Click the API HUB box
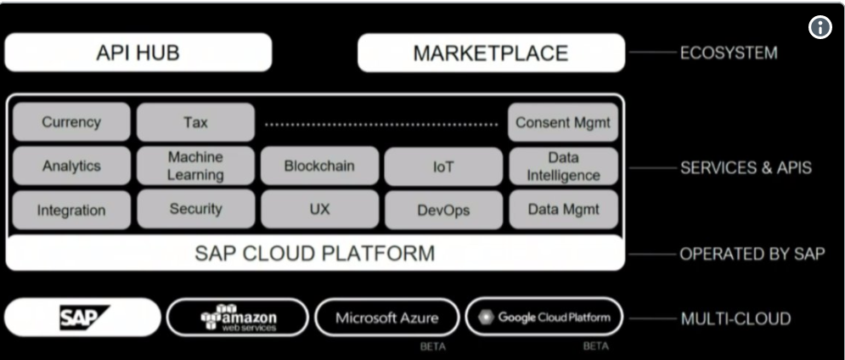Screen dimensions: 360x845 click(x=138, y=53)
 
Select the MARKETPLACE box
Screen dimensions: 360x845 click(x=490, y=53)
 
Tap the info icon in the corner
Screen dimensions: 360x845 click(x=820, y=27)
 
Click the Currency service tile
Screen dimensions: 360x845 click(x=71, y=122)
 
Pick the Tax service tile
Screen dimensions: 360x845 click(x=195, y=122)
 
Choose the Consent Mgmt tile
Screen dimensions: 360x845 click(x=563, y=122)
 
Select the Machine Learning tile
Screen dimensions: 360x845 click(x=195, y=166)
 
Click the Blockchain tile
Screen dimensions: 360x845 click(x=318, y=166)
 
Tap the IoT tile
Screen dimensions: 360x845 click(x=442, y=166)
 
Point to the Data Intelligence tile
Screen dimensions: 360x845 click(x=563, y=166)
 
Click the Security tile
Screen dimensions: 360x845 click(x=195, y=209)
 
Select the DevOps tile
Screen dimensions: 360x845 click(x=442, y=210)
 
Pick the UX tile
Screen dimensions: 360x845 click(x=318, y=209)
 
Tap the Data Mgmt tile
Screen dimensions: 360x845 click(x=563, y=209)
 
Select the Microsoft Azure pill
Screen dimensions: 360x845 click(x=386, y=318)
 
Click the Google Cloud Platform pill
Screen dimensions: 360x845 click(x=544, y=318)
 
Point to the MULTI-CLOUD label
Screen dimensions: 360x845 click(x=735, y=319)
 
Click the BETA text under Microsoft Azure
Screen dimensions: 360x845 click(x=433, y=347)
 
